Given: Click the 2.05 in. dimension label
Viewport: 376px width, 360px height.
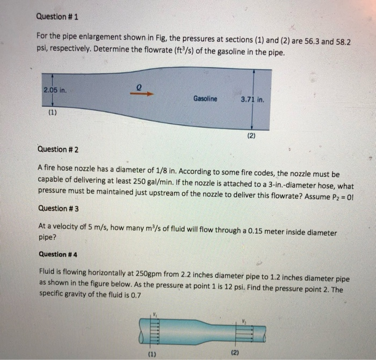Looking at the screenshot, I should (54, 90).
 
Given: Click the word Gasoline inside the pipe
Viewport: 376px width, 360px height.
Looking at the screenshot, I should (205, 99).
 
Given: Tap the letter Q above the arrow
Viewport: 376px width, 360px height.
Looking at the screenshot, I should (139, 84).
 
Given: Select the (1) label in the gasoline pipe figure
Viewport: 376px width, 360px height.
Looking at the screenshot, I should (53, 113).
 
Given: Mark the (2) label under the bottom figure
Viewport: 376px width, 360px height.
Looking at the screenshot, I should (235, 352).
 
